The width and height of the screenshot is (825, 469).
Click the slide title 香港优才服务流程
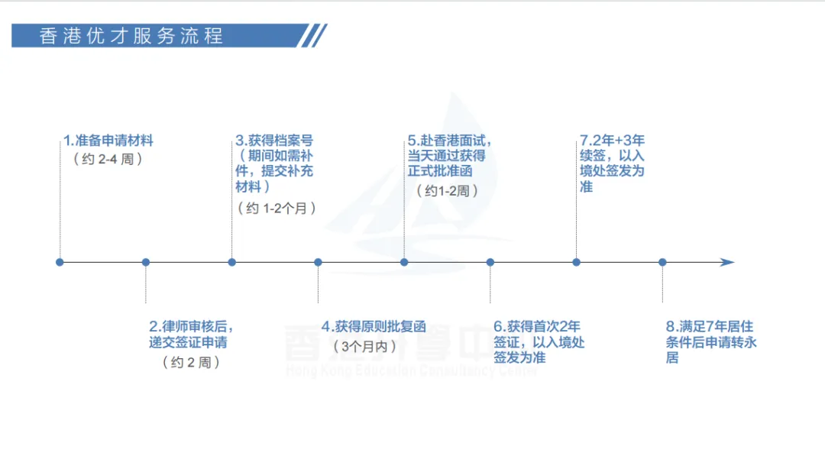pyautogui.click(x=131, y=36)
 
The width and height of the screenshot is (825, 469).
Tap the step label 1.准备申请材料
pyautogui.click(x=108, y=141)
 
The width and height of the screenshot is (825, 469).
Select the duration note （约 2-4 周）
pyautogui.click(x=108, y=160)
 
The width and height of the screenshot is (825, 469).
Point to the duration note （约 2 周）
pyautogui.click(x=191, y=363)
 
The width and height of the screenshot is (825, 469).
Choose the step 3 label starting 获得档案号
pyautogui.click(x=273, y=163)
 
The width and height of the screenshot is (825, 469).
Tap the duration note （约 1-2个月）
pyautogui.click(x=276, y=209)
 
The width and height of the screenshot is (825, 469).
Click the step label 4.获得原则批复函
pyautogui.click(x=373, y=327)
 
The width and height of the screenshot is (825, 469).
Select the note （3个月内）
pyautogui.click(x=365, y=347)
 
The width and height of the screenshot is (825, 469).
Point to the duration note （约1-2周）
pyautogui.click(x=448, y=191)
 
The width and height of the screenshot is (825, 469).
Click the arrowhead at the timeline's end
pyautogui.click(x=726, y=262)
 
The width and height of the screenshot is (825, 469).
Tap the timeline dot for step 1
pyautogui.click(x=60, y=262)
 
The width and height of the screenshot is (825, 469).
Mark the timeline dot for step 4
pyautogui.click(x=319, y=262)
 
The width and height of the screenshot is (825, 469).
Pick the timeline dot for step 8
pyautogui.click(x=662, y=262)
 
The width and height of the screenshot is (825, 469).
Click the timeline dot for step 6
pyautogui.click(x=490, y=262)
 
